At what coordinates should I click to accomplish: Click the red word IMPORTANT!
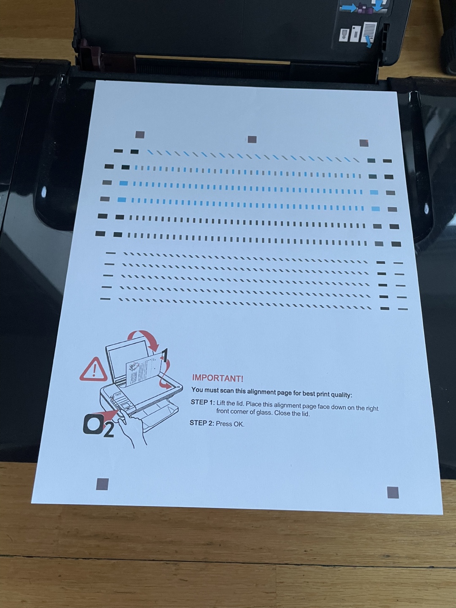[217, 378]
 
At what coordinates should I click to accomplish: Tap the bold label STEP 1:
[203, 402]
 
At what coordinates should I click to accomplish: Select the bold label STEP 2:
[202, 423]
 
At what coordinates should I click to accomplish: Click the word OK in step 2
[238, 424]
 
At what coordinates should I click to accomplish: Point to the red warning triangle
[93, 369]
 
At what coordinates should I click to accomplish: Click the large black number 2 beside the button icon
[109, 430]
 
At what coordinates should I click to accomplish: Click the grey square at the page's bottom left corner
[102, 484]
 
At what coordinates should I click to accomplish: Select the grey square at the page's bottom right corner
[393, 492]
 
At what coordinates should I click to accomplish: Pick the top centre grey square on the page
[252, 139]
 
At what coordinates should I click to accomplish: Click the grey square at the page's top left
[140, 135]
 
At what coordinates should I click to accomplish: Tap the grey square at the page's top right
[364, 143]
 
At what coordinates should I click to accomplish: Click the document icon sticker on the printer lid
[370, 33]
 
